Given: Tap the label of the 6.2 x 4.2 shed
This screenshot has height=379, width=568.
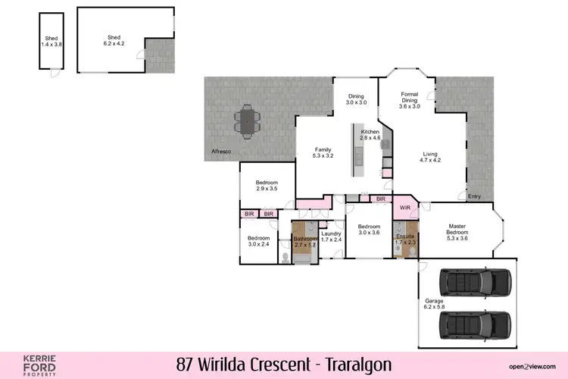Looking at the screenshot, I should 114,41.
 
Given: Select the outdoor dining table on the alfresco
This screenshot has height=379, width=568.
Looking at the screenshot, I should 246,122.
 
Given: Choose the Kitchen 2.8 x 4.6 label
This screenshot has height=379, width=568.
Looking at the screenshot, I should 370,135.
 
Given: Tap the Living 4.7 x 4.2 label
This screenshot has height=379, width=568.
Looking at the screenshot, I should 430,157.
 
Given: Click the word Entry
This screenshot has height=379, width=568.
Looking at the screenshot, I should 474,196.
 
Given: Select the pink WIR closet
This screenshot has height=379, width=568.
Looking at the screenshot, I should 405,206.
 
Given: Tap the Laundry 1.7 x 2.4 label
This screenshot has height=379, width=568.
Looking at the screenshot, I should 331,236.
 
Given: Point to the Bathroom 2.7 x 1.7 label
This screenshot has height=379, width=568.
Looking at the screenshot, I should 305,242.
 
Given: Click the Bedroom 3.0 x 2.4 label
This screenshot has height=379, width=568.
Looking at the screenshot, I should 258,241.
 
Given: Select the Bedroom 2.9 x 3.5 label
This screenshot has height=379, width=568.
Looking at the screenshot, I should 267,186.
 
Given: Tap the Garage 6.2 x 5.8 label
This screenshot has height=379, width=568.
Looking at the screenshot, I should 435,304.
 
